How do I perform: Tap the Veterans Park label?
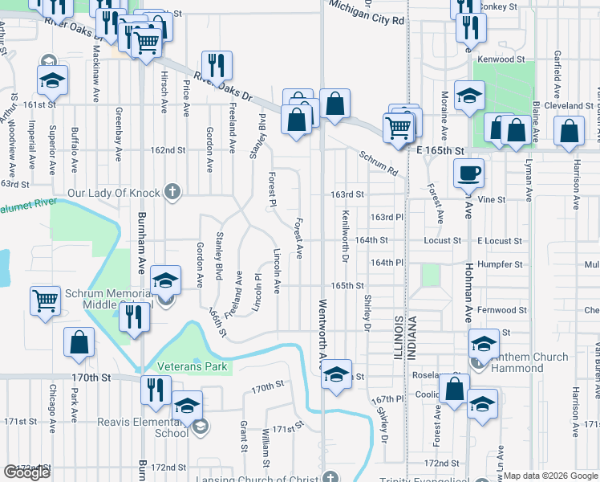pos(193,367)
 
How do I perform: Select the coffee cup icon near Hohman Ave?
pos(469,172)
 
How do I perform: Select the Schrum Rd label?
pos(378,163)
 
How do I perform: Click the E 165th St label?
pos(440,150)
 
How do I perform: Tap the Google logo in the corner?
pos(26,472)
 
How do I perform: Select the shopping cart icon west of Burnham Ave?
pos(46,300)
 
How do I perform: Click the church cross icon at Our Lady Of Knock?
pos(170,192)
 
